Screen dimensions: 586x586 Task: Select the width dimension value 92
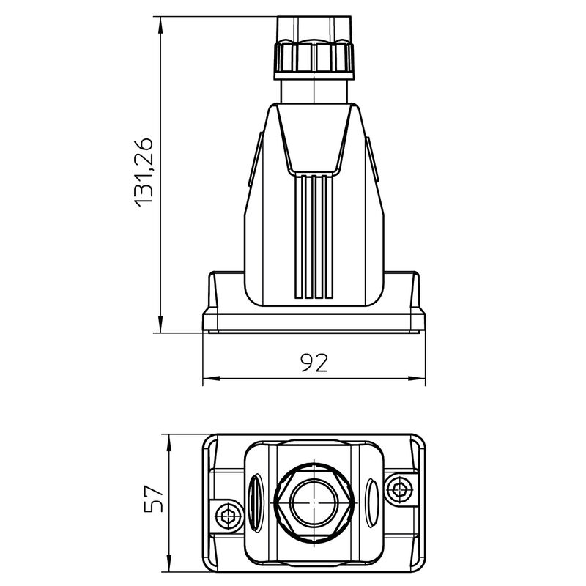pyautogui.click(x=314, y=362)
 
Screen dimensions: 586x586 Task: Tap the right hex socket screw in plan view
pyautogui.click(x=400, y=489)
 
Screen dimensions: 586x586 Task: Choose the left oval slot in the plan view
pyautogui.click(x=255, y=502)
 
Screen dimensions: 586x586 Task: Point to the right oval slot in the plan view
pyautogui.click(x=373, y=502)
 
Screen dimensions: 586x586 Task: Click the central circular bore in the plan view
pyautogui.click(x=314, y=502)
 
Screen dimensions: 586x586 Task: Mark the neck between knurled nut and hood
pyautogui.click(x=314, y=92)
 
